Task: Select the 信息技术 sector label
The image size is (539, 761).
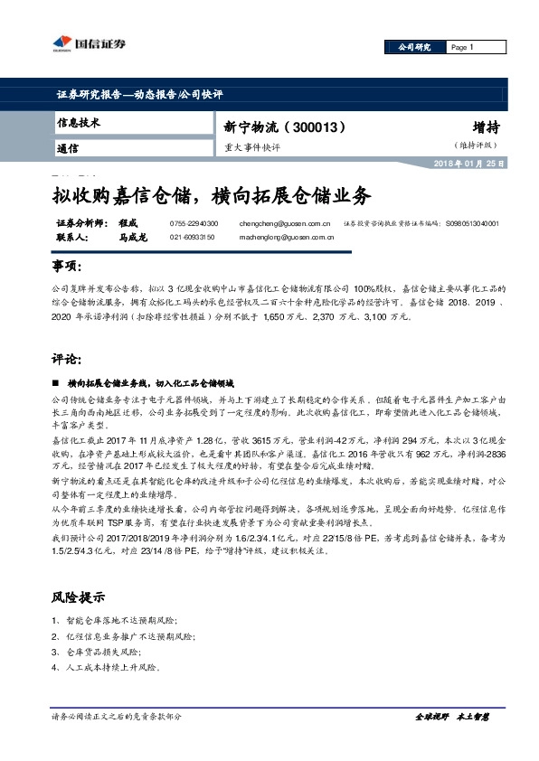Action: (x=79, y=122)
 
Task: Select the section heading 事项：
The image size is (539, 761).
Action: (x=69, y=267)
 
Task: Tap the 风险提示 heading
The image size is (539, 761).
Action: (x=80, y=597)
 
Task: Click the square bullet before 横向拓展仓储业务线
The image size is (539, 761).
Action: (x=58, y=384)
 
